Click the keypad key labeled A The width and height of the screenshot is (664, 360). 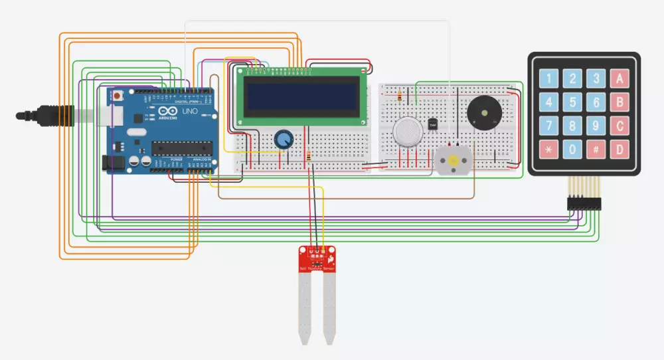tap(620, 80)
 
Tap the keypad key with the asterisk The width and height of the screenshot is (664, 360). tap(548, 149)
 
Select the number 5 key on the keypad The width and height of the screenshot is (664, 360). tap(572, 102)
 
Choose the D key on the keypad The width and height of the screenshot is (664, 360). tap(620, 149)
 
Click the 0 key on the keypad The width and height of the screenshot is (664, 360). tap(572, 149)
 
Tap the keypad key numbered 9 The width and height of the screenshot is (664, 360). tap(596, 126)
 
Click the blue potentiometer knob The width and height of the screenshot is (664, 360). tap(284, 139)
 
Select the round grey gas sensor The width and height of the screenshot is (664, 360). tap(407, 131)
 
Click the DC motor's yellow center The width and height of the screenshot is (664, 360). tap(453, 161)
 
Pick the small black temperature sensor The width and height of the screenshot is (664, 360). tap(434, 124)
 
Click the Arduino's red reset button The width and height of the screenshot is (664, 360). tap(118, 96)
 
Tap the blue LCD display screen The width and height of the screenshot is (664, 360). tap(302, 98)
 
